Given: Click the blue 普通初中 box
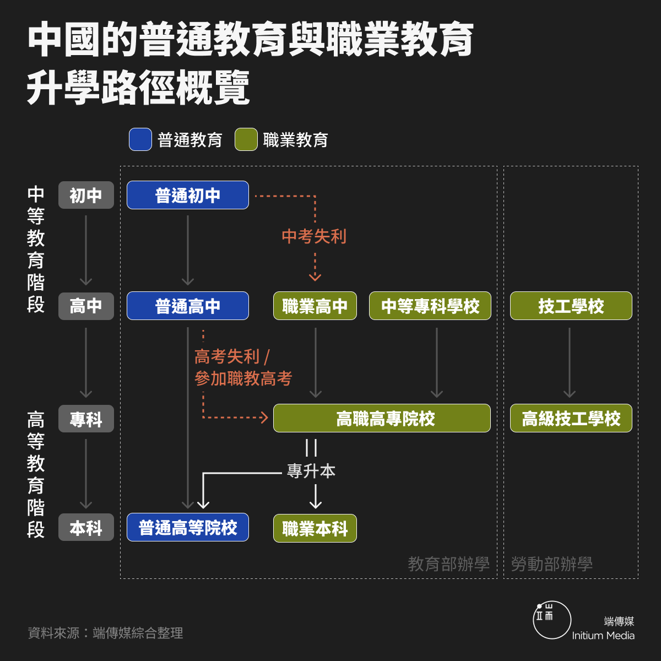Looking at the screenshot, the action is pos(188,195).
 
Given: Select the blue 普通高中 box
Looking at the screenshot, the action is pos(188,306).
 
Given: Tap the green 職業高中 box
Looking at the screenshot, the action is pos(315,306).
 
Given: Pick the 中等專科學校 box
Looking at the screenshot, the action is pos(430,306).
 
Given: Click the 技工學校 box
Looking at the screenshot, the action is pos(571,306).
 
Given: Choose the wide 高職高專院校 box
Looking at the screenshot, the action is pos(382,418).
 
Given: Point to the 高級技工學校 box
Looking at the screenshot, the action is pos(571,418).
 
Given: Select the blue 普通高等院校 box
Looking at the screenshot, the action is pos(188,527).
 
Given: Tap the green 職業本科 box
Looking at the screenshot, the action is pos(315,528).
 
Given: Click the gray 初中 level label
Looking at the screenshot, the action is pos(86,195).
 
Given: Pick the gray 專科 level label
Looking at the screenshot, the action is pos(86,419).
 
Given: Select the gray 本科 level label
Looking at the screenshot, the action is pos(86,527).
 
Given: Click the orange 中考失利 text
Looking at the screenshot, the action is pos(314,236).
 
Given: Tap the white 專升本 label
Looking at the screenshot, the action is pos(311,470).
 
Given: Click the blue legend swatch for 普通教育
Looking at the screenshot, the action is pos(140,139).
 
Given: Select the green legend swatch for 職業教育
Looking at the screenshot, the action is pos(246,139).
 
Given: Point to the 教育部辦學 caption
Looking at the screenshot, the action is pos(448,564).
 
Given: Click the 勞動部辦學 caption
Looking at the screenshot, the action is pos(551,564).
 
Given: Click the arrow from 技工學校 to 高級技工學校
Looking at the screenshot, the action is pos(570,362).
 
